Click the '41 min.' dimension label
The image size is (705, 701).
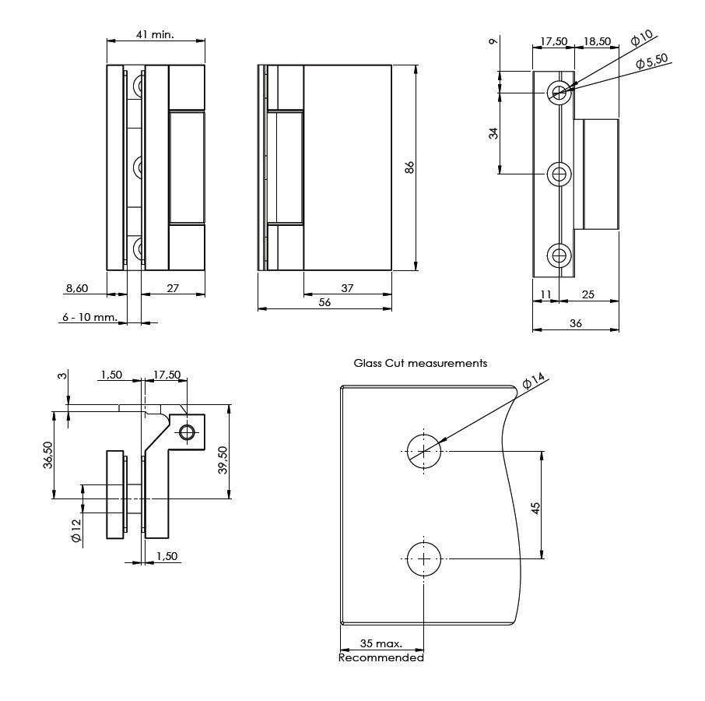click(155, 34)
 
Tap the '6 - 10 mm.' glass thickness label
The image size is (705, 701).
click(90, 318)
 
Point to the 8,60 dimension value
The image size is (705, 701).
click(77, 288)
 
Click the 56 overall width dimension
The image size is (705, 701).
click(324, 303)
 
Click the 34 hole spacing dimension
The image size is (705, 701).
click(493, 133)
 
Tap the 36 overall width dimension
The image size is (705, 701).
click(576, 323)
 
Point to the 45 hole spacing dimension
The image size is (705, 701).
click(535, 508)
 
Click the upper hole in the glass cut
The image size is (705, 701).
click(423, 451)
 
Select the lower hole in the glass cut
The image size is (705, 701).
click(423, 558)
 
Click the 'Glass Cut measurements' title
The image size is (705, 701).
click(420, 363)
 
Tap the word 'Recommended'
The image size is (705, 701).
click(381, 658)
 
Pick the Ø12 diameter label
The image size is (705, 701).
click(75, 536)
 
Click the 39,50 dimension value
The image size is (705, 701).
click(223, 460)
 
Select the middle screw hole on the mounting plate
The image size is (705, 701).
click(559, 174)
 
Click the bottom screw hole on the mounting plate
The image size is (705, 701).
click(559, 255)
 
